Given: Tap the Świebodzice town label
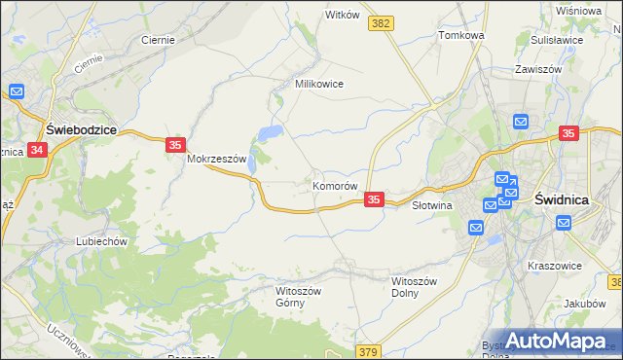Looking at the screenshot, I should (83, 128).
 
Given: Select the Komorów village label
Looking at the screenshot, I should (336, 185).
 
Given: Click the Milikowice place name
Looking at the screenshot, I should (319, 84).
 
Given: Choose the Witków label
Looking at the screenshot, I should (343, 15).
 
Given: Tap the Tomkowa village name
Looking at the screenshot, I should (461, 35).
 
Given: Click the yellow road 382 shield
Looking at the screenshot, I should (382, 22).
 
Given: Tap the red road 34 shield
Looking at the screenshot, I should (37, 150).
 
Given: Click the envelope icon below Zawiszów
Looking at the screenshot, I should (521, 122).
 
